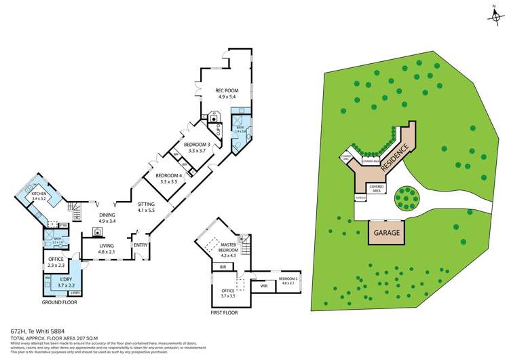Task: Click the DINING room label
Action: [107, 215]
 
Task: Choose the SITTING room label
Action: [146, 204]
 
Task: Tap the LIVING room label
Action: [107, 247]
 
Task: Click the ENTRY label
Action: [140, 246]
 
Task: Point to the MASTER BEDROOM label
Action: [227, 249]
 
